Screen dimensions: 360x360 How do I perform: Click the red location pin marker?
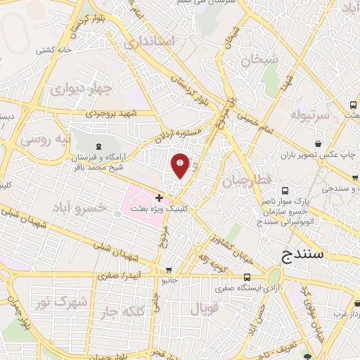181,165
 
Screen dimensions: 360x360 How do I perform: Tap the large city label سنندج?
302,254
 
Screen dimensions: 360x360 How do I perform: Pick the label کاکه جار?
124,310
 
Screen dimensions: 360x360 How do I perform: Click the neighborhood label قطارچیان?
247,181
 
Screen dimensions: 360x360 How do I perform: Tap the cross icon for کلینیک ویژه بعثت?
160,198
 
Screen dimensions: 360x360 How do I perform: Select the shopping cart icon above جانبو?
169,270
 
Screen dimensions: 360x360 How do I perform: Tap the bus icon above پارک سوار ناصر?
285,191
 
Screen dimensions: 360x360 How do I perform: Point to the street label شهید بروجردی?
109,112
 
